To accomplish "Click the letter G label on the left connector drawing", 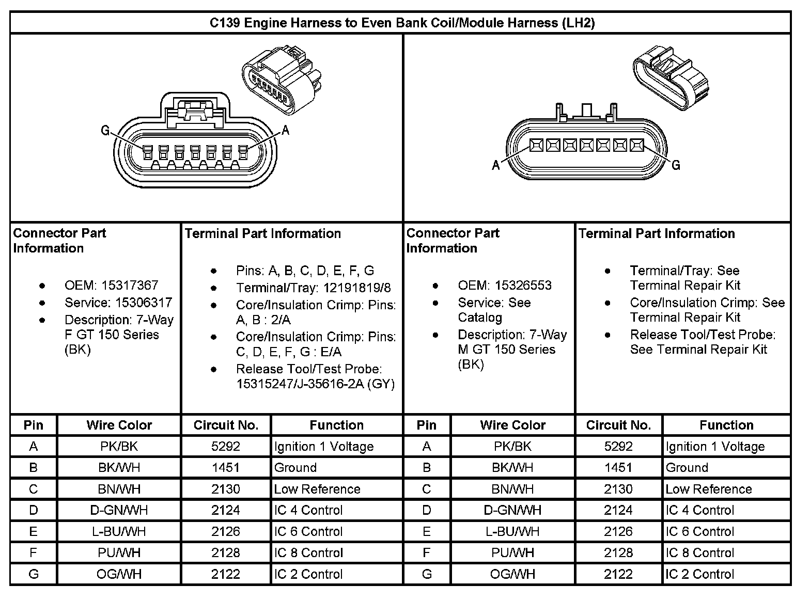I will (105, 131).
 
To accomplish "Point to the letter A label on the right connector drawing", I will (496, 165).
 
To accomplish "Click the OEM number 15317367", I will (130, 286).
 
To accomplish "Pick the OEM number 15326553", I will (523, 286).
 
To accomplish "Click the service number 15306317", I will (136, 303).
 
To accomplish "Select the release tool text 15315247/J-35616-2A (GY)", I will (315, 384).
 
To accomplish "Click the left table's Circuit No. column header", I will (226, 425).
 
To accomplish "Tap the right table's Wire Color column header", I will (512, 425).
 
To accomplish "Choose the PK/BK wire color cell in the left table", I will (119, 446).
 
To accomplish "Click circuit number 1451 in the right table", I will (618, 468).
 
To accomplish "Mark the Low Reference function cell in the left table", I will (317, 489).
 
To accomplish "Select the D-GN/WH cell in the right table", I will (512, 510).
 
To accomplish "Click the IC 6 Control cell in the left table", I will (308, 531).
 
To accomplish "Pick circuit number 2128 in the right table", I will (618, 552).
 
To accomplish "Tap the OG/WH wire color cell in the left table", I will (119, 574).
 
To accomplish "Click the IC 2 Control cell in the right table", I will (699, 574).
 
